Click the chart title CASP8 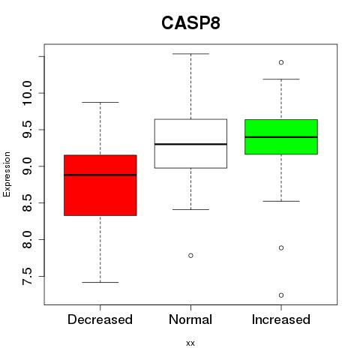tap(190, 23)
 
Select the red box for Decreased tap(100, 185)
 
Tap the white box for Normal tap(190, 143)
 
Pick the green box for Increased tap(281, 137)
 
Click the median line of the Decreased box tap(100, 175)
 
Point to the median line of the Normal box tap(190, 144)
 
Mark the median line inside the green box tap(281, 137)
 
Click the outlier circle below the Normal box tap(190, 256)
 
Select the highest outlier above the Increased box tap(281, 62)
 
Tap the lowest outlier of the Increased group tap(281, 295)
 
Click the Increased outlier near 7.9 tap(281, 248)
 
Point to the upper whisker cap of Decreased tap(100, 102)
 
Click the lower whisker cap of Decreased tap(100, 282)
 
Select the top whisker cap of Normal tap(190, 54)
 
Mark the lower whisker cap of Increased tap(281, 201)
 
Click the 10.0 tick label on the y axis tap(27, 93)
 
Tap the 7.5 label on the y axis tap(27, 276)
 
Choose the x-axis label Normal tap(190, 319)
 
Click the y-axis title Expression tap(7, 174)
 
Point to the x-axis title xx tap(190, 343)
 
